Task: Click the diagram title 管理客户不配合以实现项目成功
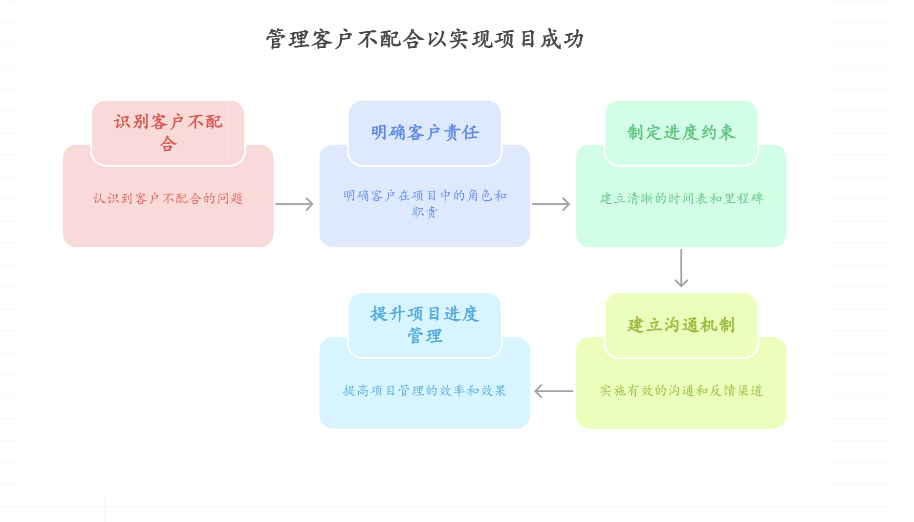click(424, 39)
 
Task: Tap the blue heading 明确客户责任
click(424, 132)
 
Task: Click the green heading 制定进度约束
click(681, 132)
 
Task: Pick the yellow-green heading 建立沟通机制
click(681, 325)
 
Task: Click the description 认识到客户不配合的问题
click(168, 198)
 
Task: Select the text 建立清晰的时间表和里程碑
click(681, 198)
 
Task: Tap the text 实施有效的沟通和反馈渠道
click(681, 391)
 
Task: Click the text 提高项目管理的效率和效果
click(424, 391)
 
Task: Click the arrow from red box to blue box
click(294, 204)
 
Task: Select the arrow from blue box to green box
click(551, 204)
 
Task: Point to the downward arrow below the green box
click(681, 268)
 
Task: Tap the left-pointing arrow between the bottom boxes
click(553, 391)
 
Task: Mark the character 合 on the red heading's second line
click(168, 144)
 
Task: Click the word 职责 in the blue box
click(424, 212)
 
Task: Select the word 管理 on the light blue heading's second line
click(424, 336)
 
